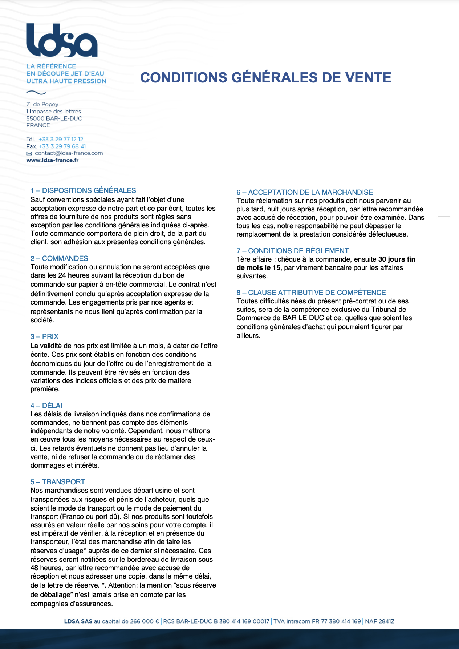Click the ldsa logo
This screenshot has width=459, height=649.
(x=62, y=40)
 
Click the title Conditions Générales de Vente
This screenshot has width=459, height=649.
(x=265, y=78)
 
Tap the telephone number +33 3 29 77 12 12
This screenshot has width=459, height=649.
(x=61, y=139)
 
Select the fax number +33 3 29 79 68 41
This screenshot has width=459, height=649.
(x=62, y=146)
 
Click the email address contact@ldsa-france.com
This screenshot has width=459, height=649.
(x=69, y=153)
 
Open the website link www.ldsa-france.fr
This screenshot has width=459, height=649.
(x=52, y=160)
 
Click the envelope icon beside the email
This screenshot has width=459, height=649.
(x=29, y=153)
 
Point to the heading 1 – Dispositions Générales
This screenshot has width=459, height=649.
(x=83, y=190)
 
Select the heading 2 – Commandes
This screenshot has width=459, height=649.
(x=59, y=258)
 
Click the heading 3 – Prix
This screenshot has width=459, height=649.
(x=44, y=336)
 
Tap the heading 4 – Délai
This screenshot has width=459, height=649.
(x=46, y=406)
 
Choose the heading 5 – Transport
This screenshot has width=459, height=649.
(x=57, y=482)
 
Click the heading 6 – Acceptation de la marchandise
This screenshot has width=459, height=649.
(x=305, y=192)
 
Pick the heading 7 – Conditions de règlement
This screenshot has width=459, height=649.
(x=292, y=251)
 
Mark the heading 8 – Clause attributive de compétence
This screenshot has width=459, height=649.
(x=311, y=293)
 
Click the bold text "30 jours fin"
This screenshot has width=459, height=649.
(x=397, y=259)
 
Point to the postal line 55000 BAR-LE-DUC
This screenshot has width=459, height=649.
(x=54, y=118)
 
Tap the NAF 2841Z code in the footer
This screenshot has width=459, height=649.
(x=379, y=621)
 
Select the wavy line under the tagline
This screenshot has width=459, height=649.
(x=36, y=92)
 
